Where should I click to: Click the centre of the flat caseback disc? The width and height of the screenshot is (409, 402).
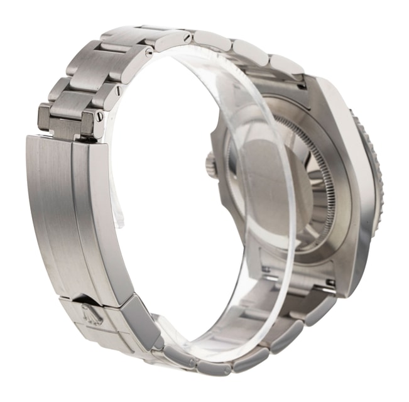pyautogui.click(x=267, y=182)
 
